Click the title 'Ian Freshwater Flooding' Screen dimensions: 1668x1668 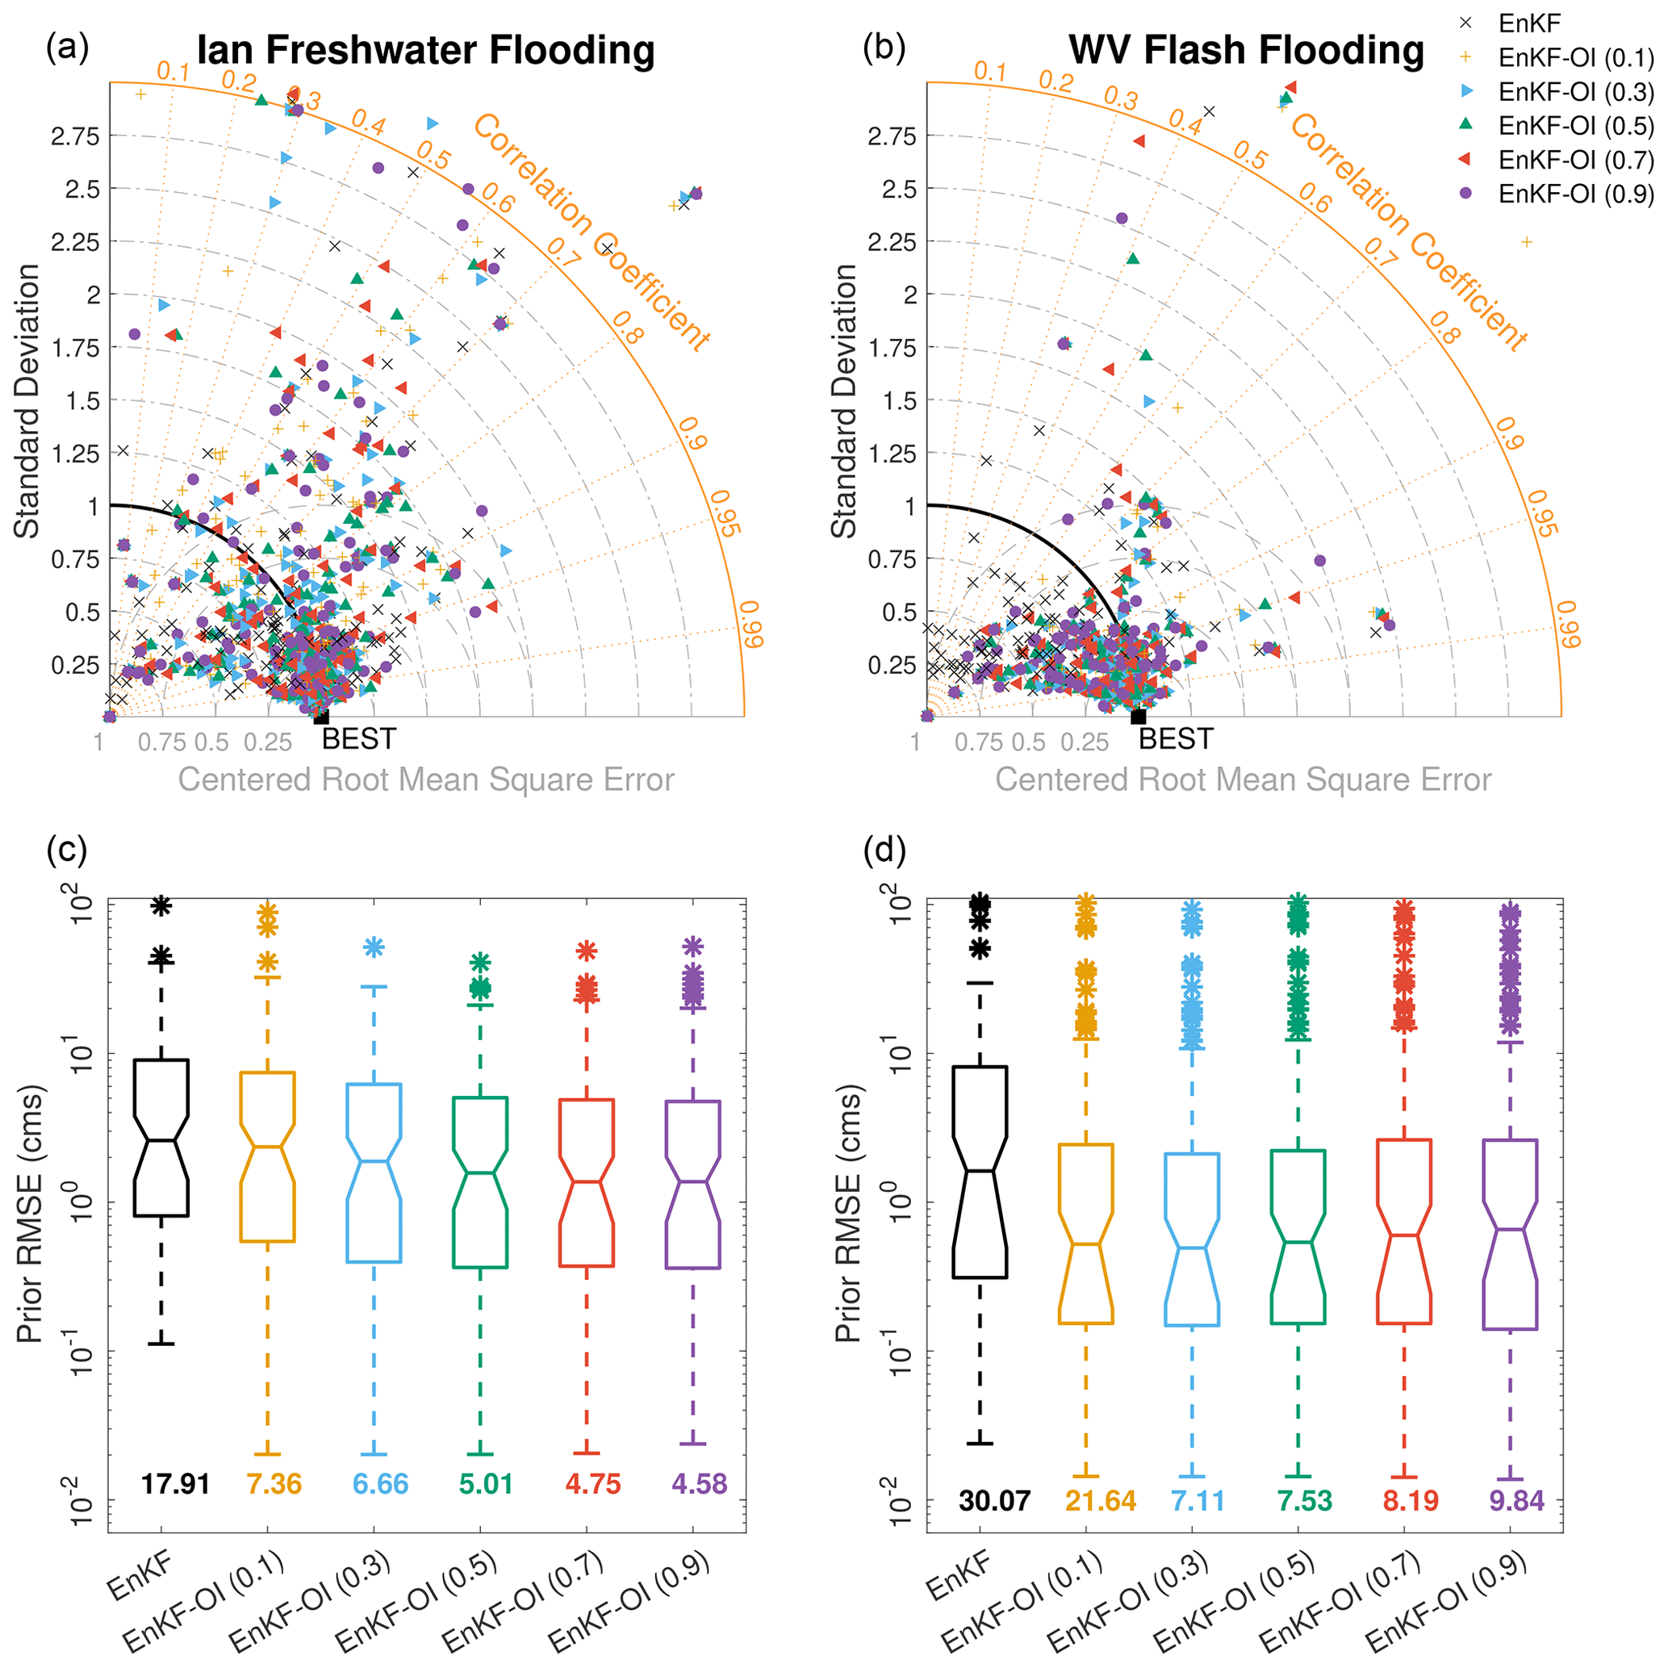tap(425, 50)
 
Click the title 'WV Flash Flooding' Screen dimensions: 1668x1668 tap(1246, 50)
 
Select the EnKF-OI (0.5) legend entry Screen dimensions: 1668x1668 tap(1574, 126)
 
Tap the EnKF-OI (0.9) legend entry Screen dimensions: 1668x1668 tap(1574, 194)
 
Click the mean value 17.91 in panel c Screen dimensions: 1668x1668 tap(175, 1483)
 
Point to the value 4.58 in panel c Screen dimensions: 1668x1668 tap(700, 1483)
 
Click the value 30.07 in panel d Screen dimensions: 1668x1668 tap(993, 1500)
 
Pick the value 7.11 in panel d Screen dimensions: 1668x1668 tap(1198, 1500)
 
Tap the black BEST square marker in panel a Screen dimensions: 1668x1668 tap(321, 717)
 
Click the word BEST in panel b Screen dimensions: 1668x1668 tap(1176, 740)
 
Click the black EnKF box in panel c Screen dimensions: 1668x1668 tap(161, 1138)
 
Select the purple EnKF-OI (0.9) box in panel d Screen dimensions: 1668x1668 tap(1510, 1234)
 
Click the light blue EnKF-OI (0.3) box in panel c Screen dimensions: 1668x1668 tap(374, 1173)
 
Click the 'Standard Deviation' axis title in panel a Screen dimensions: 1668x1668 tap(27, 400)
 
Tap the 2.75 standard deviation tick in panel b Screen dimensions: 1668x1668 tap(897, 136)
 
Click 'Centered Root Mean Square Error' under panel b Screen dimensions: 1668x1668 tap(1244, 780)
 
